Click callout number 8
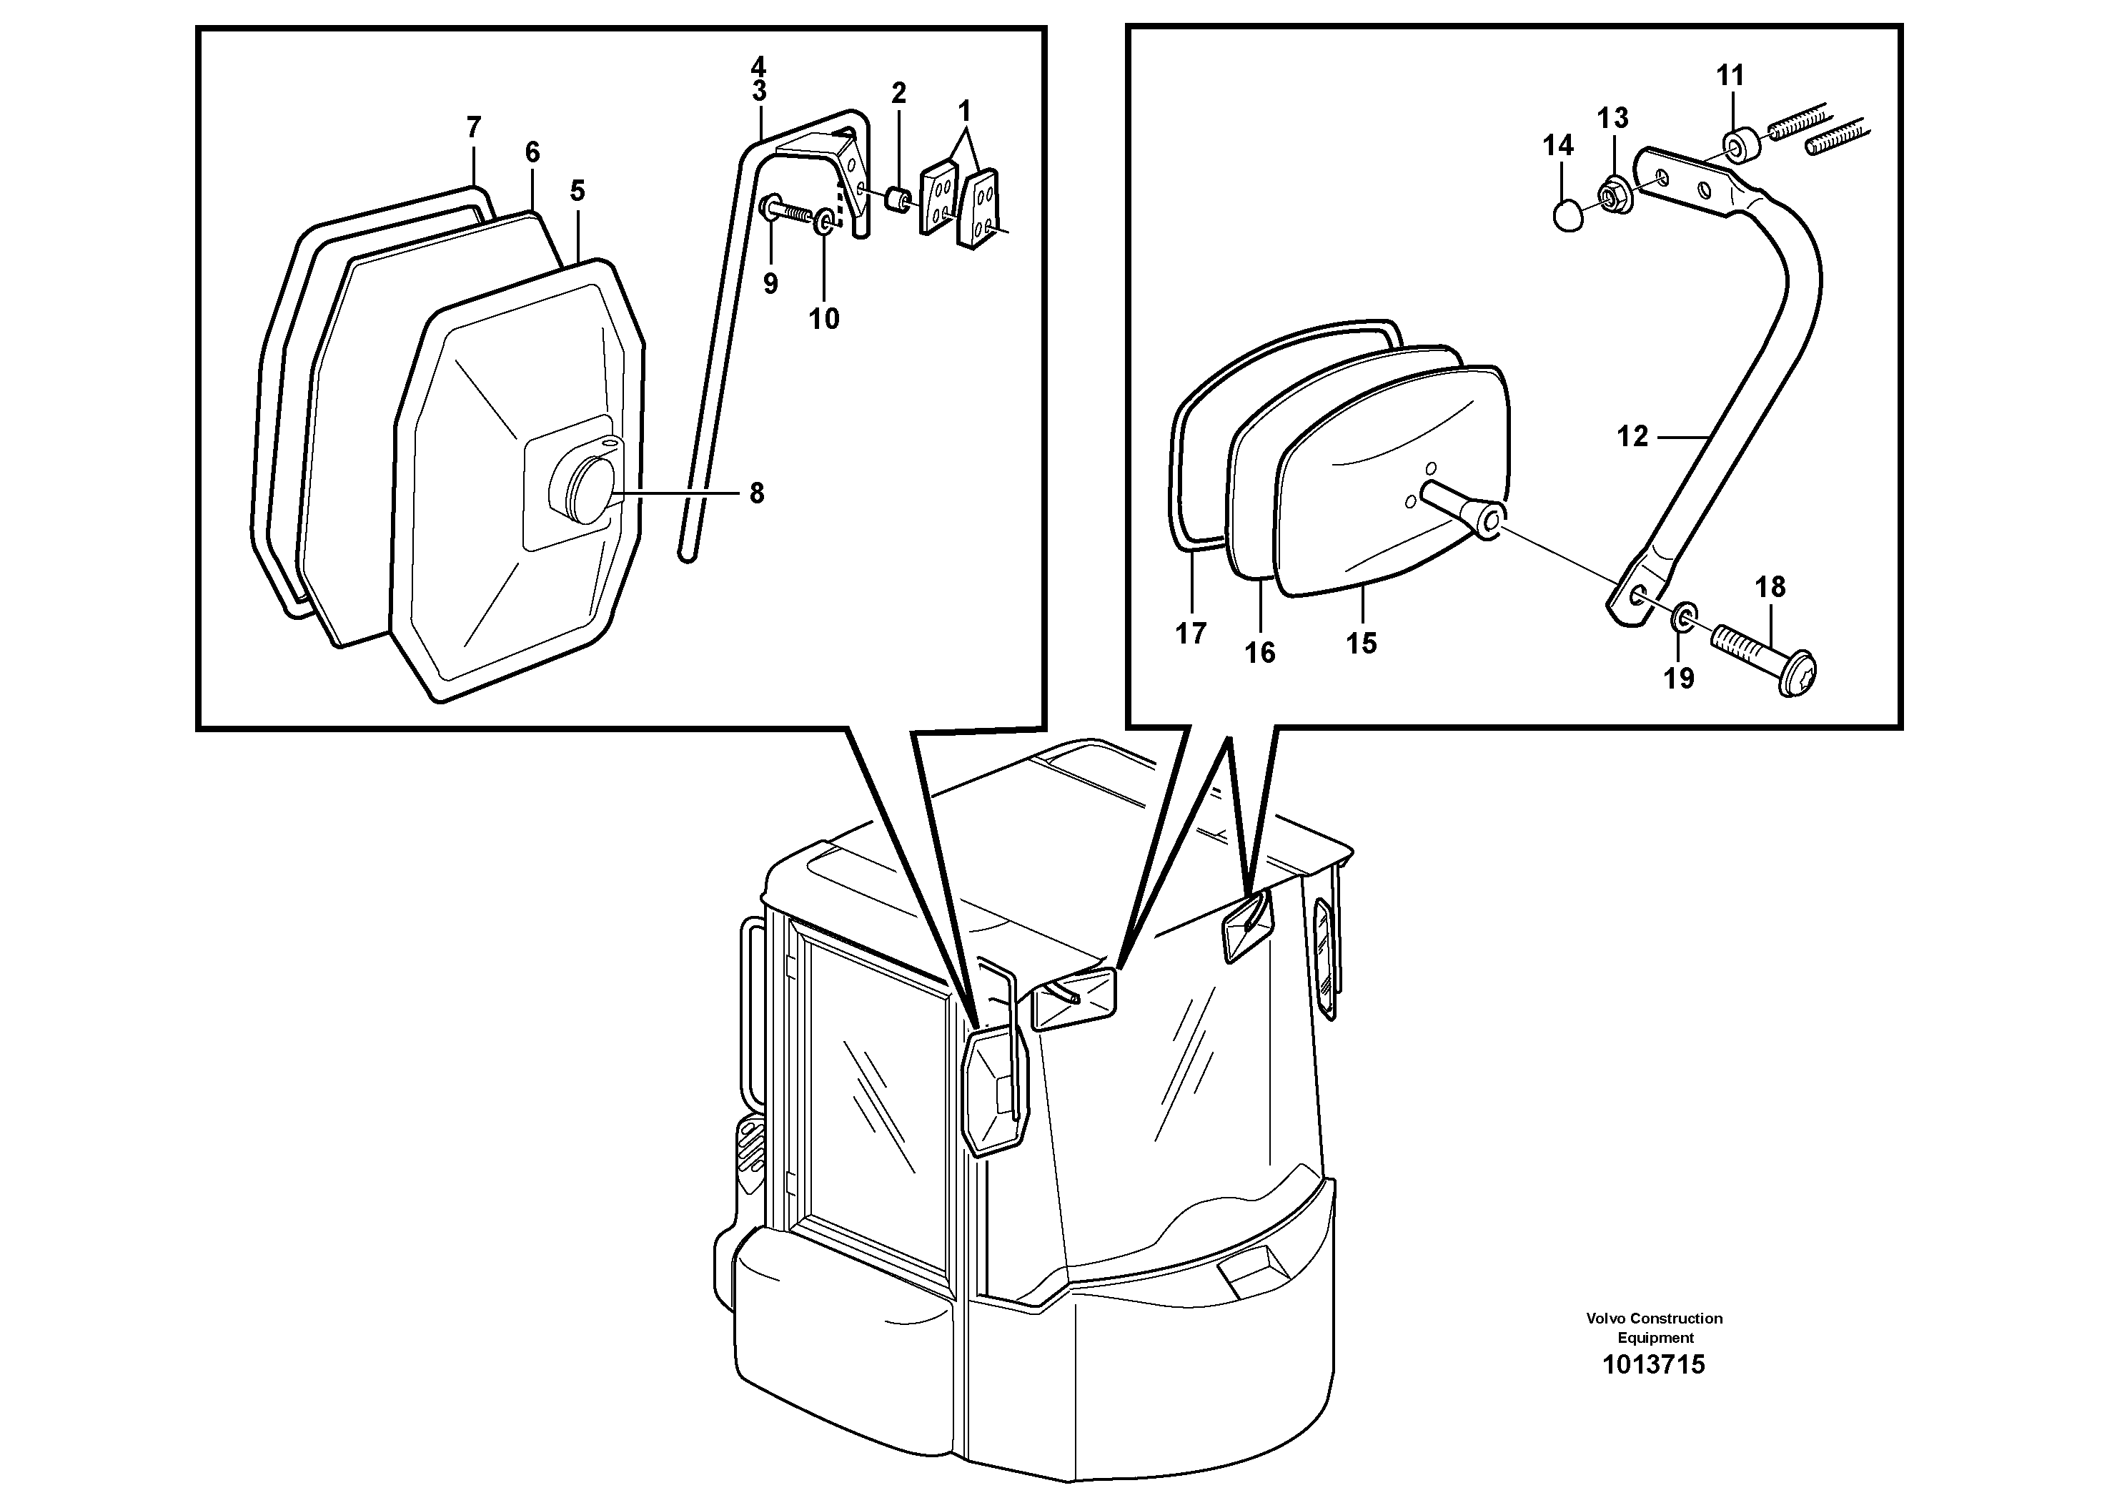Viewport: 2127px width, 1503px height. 756,494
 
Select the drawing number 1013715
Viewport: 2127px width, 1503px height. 1654,1364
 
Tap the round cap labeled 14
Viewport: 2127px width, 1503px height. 1568,216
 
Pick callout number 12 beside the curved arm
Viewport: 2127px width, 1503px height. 1632,435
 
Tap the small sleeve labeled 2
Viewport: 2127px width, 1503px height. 896,199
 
